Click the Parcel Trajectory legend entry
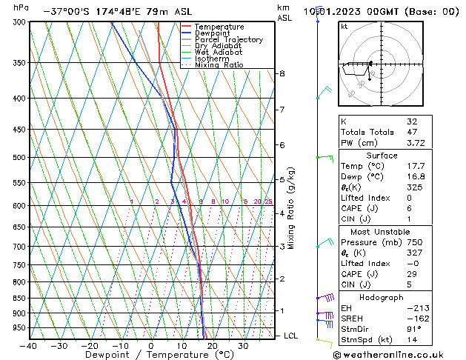pyautogui.click(x=228, y=39)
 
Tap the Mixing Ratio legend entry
pyautogui.click(x=219, y=65)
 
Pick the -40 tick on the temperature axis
pyautogui.click(x=30, y=345)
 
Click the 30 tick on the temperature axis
pyautogui.click(x=242, y=345)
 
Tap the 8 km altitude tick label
pyautogui.click(x=282, y=74)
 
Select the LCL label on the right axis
pyautogui.click(x=292, y=336)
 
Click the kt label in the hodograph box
pyautogui.click(x=344, y=26)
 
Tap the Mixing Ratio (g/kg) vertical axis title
pyautogui.click(x=291, y=208)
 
